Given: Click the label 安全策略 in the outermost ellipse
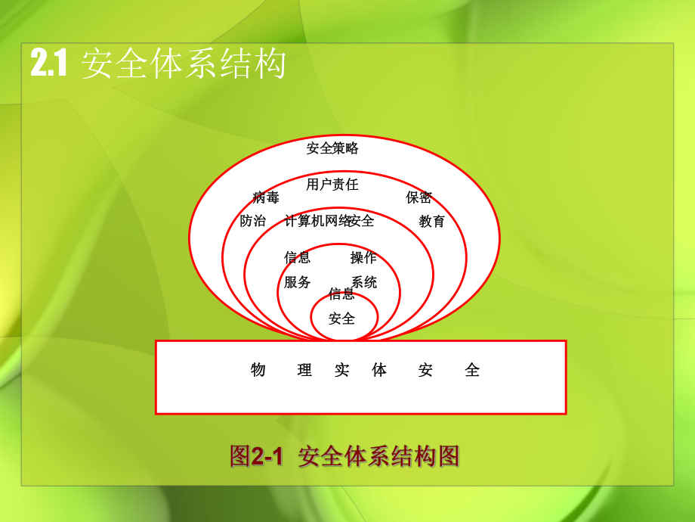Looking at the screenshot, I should (332, 148).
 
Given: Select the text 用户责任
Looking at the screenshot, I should (332, 184).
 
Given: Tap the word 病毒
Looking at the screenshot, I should (266, 198).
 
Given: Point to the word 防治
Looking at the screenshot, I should (253, 221).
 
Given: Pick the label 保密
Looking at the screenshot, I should (419, 197).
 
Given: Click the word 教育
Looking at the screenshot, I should (432, 221).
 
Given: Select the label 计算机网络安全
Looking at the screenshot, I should (329, 221).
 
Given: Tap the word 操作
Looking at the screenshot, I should (363, 257).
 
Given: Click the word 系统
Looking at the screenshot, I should (364, 282).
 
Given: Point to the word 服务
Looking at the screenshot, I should (298, 282).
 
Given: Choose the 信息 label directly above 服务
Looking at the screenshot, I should (298, 257).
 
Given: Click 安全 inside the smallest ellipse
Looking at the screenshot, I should (341, 318).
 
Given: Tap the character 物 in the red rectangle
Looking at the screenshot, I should (258, 370).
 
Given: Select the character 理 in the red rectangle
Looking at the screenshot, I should (304, 370).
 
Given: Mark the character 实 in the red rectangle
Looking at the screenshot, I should (342, 370).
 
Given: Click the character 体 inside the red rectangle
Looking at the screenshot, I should (379, 370).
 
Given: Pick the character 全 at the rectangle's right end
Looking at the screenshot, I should (472, 370).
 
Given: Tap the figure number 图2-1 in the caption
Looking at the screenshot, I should (255, 457).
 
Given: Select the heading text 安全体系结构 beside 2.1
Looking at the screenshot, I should (184, 64).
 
